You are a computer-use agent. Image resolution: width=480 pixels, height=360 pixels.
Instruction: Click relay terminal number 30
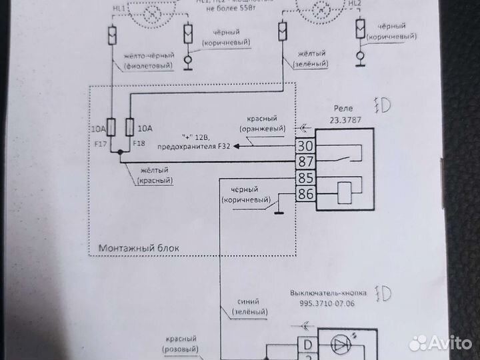(305, 146)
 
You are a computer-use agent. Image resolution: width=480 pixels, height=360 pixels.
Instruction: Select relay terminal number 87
(305, 161)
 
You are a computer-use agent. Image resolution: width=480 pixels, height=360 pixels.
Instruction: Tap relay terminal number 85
(305, 179)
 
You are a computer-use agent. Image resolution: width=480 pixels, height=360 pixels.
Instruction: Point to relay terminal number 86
(305, 195)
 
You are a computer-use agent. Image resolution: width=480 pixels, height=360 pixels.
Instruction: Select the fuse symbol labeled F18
(131, 127)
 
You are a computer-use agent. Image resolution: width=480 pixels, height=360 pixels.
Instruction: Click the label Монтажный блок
(139, 248)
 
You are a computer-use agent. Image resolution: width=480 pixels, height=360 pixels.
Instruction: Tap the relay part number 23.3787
(343, 121)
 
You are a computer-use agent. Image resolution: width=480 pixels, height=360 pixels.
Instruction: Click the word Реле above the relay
(344, 109)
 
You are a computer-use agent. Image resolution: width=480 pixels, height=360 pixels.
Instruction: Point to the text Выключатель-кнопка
(327, 293)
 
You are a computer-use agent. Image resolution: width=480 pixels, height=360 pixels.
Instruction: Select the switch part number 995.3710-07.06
(327, 303)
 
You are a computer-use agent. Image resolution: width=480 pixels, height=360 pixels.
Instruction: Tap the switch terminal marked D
(307, 345)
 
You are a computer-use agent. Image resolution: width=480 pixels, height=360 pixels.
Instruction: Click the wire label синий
(248, 301)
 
